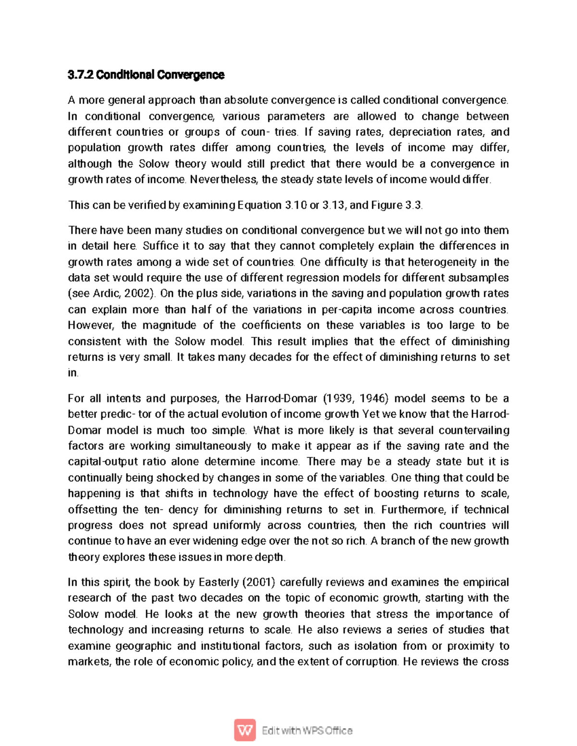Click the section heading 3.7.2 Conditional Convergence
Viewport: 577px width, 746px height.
tap(146, 75)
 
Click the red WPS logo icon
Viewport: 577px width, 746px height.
tap(245, 731)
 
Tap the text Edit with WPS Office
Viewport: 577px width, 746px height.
tap(307, 731)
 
